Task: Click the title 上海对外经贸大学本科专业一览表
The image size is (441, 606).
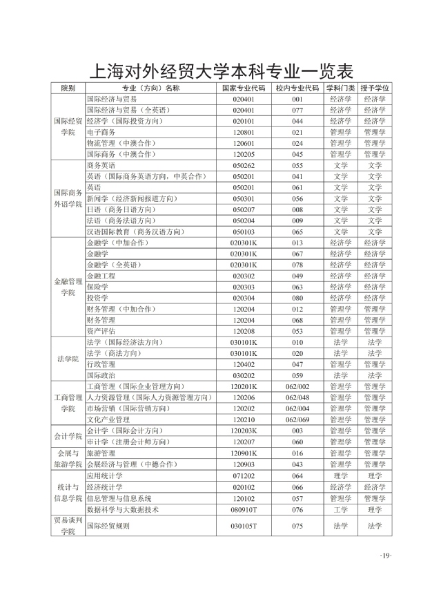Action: point(220,72)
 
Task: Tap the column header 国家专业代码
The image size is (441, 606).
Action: point(244,88)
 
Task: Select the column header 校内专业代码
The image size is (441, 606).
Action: point(297,88)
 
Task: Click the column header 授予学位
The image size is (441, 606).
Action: point(375,88)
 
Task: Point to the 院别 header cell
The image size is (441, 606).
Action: point(68,88)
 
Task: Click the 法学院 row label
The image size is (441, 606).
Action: point(68,359)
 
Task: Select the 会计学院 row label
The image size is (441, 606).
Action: point(68,436)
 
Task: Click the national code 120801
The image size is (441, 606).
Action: point(244,132)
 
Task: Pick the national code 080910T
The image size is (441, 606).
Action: point(244,509)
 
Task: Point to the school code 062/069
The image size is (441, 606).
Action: point(297,419)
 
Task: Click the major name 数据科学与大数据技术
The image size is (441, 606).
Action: point(123,509)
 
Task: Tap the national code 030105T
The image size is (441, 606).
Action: point(244,526)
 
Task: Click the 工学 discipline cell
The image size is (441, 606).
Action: point(340,509)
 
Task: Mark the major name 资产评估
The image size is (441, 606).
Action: point(101,331)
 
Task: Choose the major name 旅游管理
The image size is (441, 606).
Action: point(101,453)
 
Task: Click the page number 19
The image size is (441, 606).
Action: point(385,556)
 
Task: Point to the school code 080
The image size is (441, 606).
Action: point(297,298)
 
